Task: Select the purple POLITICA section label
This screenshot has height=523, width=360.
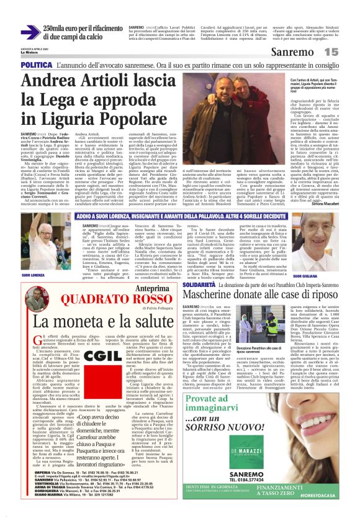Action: tap(36, 65)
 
